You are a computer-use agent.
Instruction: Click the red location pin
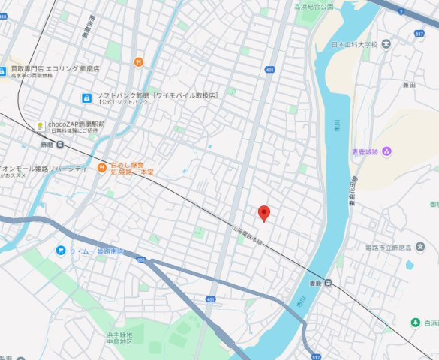[263, 214]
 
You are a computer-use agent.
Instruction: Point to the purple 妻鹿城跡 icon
[387, 152]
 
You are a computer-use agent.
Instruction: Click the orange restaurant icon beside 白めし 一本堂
[101, 166]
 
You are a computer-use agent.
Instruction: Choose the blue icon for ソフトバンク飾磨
[86, 98]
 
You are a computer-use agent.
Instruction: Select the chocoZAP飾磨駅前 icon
[39, 125]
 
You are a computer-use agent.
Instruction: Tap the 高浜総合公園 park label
[313, 6]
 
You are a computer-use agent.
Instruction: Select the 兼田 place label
[408, 85]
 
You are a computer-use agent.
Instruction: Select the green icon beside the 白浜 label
[413, 322]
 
